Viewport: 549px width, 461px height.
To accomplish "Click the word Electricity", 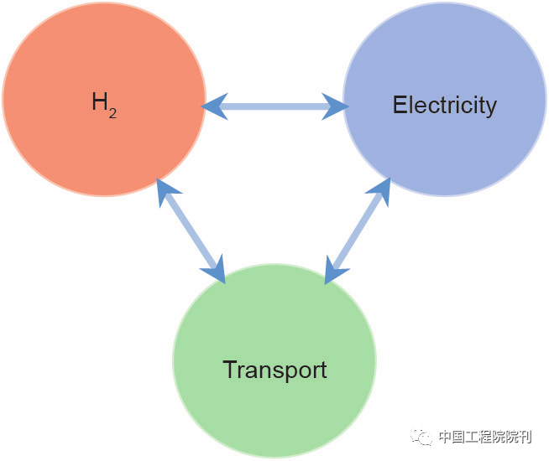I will [x=444, y=106].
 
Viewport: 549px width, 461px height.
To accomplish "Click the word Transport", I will [x=274, y=370].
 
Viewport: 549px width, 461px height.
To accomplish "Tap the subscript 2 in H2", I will [x=112, y=111].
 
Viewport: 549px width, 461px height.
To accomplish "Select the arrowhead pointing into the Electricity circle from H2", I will [x=336, y=106].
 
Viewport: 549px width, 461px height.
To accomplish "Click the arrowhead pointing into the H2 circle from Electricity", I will [x=215, y=106].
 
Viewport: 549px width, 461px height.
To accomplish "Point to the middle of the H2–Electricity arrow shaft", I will [x=275, y=106].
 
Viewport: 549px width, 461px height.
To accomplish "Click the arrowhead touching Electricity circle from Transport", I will [x=381, y=190].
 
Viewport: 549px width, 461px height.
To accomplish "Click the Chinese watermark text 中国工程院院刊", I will [x=484, y=437].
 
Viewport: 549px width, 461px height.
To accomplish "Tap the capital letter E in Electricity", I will [x=400, y=106].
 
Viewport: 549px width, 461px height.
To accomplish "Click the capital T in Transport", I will [x=229, y=370].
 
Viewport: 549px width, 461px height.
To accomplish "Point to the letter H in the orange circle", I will [x=100, y=103].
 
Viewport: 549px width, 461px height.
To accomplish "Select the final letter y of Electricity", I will [x=491, y=108].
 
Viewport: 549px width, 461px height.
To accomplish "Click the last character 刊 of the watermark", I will [x=525, y=437].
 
